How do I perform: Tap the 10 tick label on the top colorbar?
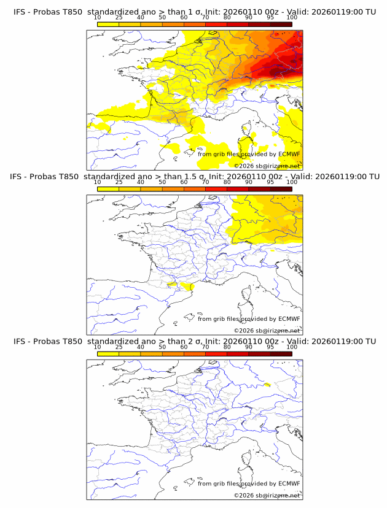point(97,18)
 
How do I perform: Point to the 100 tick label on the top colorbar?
point(292,18)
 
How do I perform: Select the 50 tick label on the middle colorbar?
point(162,182)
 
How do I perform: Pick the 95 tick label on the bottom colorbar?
point(270,347)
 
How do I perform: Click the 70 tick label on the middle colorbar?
point(205,182)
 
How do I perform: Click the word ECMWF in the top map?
point(289,154)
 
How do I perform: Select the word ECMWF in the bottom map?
point(289,483)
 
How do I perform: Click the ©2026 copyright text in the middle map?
point(267,331)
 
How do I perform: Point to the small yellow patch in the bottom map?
point(266,385)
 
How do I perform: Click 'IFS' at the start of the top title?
point(20,12)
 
